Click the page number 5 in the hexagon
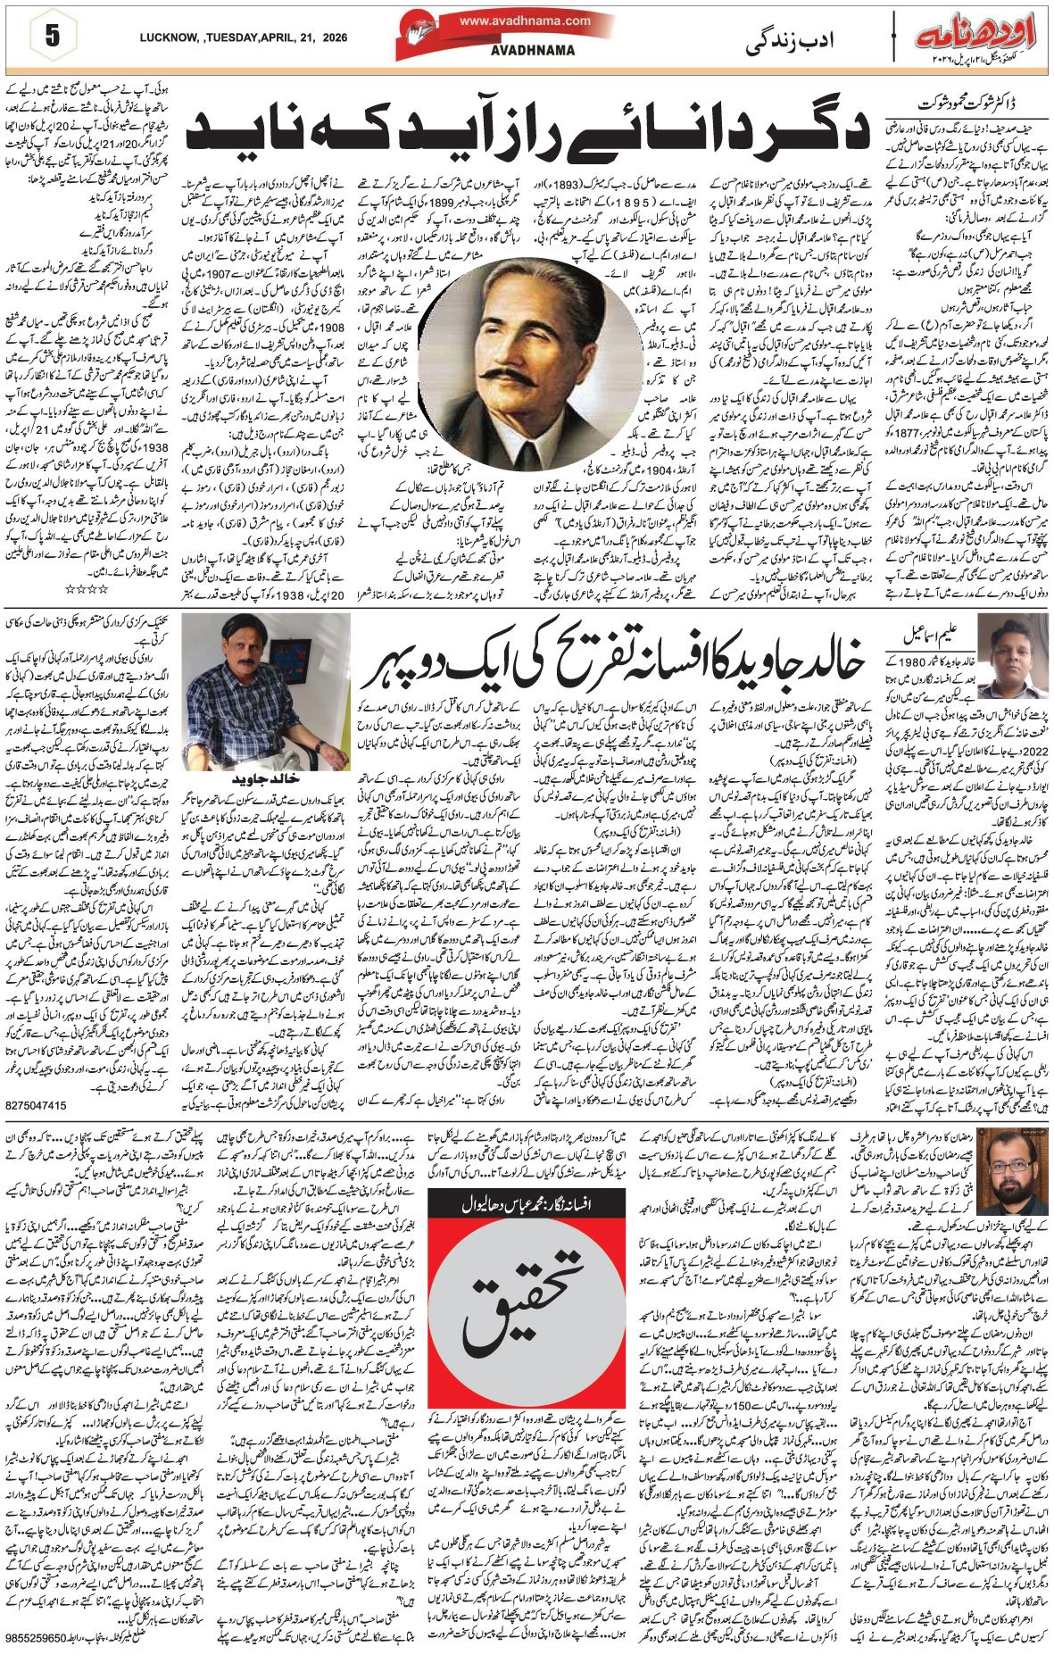[x=51, y=37]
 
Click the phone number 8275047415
[x=36, y=1105]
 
